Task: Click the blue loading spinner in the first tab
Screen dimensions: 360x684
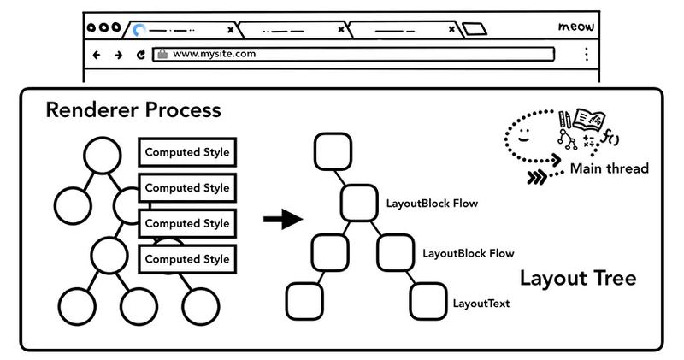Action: tap(139, 30)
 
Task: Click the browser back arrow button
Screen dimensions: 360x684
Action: tap(96, 55)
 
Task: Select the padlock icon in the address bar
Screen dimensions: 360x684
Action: tap(162, 55)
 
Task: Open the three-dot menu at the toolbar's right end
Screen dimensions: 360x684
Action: tap(586, 55)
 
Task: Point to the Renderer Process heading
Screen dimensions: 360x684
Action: tap(133, 110)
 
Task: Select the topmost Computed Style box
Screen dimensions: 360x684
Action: tap(186, 152)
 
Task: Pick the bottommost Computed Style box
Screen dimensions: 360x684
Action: tap(186, 258)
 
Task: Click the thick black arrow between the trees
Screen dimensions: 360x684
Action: tap(283, 221)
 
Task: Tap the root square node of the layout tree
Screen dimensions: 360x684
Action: tap(332, 152)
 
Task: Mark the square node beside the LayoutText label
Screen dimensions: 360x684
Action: tap(427, 300)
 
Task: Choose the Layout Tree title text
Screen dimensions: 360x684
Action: tap(578, 279)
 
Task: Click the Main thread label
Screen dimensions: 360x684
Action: tap(609, 168)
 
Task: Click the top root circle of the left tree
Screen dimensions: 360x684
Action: tap(102, 156)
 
